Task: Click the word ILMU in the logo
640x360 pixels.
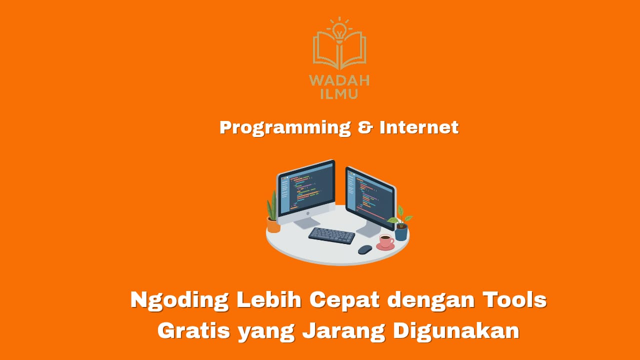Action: (x=339, y=94)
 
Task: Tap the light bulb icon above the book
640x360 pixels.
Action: (x=339, y=30)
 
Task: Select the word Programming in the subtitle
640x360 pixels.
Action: (x=285, y=127)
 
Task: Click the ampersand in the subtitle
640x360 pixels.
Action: (x=365, y=127)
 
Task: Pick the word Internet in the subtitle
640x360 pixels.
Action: (x=419, y=127)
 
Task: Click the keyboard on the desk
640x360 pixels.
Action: (x=331, y=235)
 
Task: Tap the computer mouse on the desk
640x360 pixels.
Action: (x=365, y=249)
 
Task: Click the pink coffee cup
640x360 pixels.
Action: (x=385, y=241)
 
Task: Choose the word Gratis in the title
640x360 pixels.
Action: (x=193, y=331)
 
